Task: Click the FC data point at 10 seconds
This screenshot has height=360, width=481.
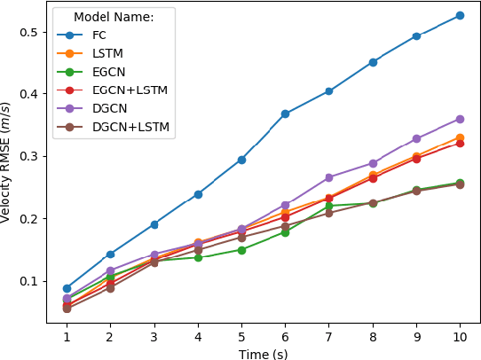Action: pyautogui.click(x=460, y=15)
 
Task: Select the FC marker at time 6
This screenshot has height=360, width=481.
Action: pyautogui.click(x=285, y=113)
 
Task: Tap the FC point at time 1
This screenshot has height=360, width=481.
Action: pyautogui.click(x=67, y=288)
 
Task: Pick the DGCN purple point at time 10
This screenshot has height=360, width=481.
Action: pyautogui.click(x=460, y=119)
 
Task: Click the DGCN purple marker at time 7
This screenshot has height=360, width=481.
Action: pyautogui.click(x=328, y=177)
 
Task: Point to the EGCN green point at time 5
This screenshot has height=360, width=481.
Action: pyautogui.click(x=241, y=250)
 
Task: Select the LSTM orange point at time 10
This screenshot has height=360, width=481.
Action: pyautogui.click(x=460, y=137)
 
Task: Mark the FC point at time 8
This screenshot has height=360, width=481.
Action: pyautogui.click(x=373, y=62)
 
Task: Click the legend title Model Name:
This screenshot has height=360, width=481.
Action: pyautogui.click(x=113, y=17)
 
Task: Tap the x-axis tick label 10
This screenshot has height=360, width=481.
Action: pyautogui.click(x=460, y=338)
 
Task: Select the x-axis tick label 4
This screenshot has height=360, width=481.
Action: pyautogui.click(x=198, y=338)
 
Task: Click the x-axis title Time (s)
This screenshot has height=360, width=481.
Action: pyautogui.click(x=263, y=353)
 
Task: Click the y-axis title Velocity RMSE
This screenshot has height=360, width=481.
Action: pyautogui.click(x=7, y=161)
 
